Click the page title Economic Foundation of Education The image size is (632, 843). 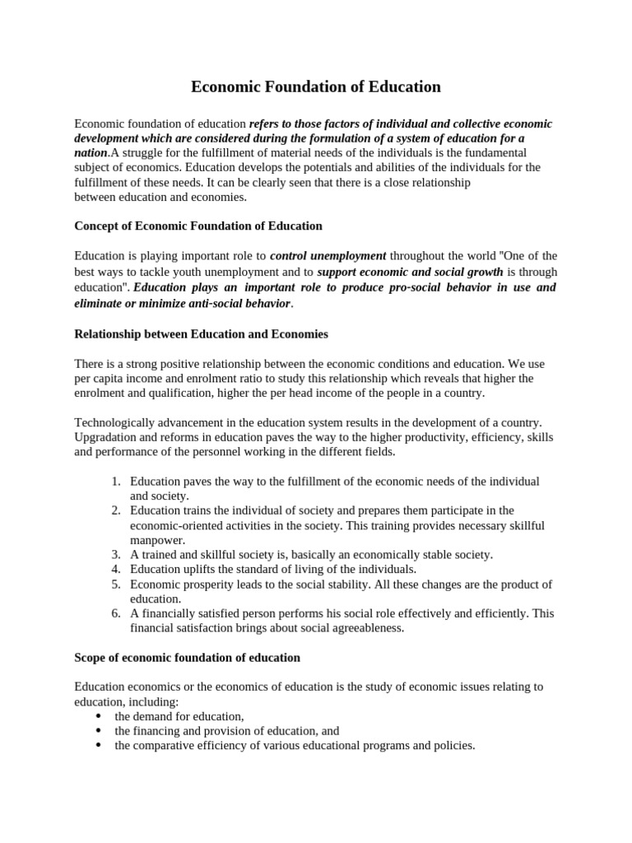[x=316, y=86]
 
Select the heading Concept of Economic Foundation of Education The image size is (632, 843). [x=198, y=226]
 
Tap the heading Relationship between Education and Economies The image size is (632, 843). [x=201, y=334]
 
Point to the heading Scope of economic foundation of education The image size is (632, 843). [x=187, y=658]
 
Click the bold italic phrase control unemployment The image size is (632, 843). [x=328, y=256]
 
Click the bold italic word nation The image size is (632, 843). [x=91, y=153]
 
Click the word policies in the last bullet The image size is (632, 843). [x=453, y=746]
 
